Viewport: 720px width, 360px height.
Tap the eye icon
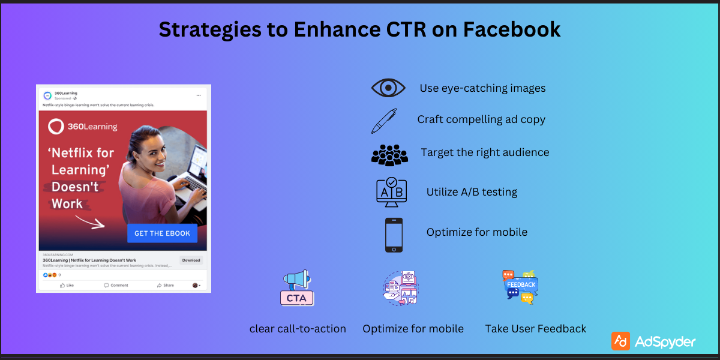click(x=388, y=88)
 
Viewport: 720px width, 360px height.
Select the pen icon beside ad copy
click(x=383, y=120)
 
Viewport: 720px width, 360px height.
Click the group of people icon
click(x=389, y=155)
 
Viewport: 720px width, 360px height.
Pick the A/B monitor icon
click(x=391, y=192)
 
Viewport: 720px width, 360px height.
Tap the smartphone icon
click(x=394, y=235)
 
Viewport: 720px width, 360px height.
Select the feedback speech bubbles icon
click(x=520, y=287)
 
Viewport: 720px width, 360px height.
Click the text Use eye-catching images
click(x=482, y=88)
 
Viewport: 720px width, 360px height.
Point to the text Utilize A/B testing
click(x=472, y=192)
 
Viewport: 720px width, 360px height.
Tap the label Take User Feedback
click(x=535, y=329)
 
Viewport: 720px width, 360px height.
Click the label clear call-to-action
click(x=298, y=329)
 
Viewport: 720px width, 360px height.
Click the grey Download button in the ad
click(x=191, y=260)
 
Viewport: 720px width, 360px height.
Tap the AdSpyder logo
click(x=653, y=341)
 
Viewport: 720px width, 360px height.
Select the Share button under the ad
click(x=166, y=285)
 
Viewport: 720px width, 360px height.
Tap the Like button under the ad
click(x=67, y=285)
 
